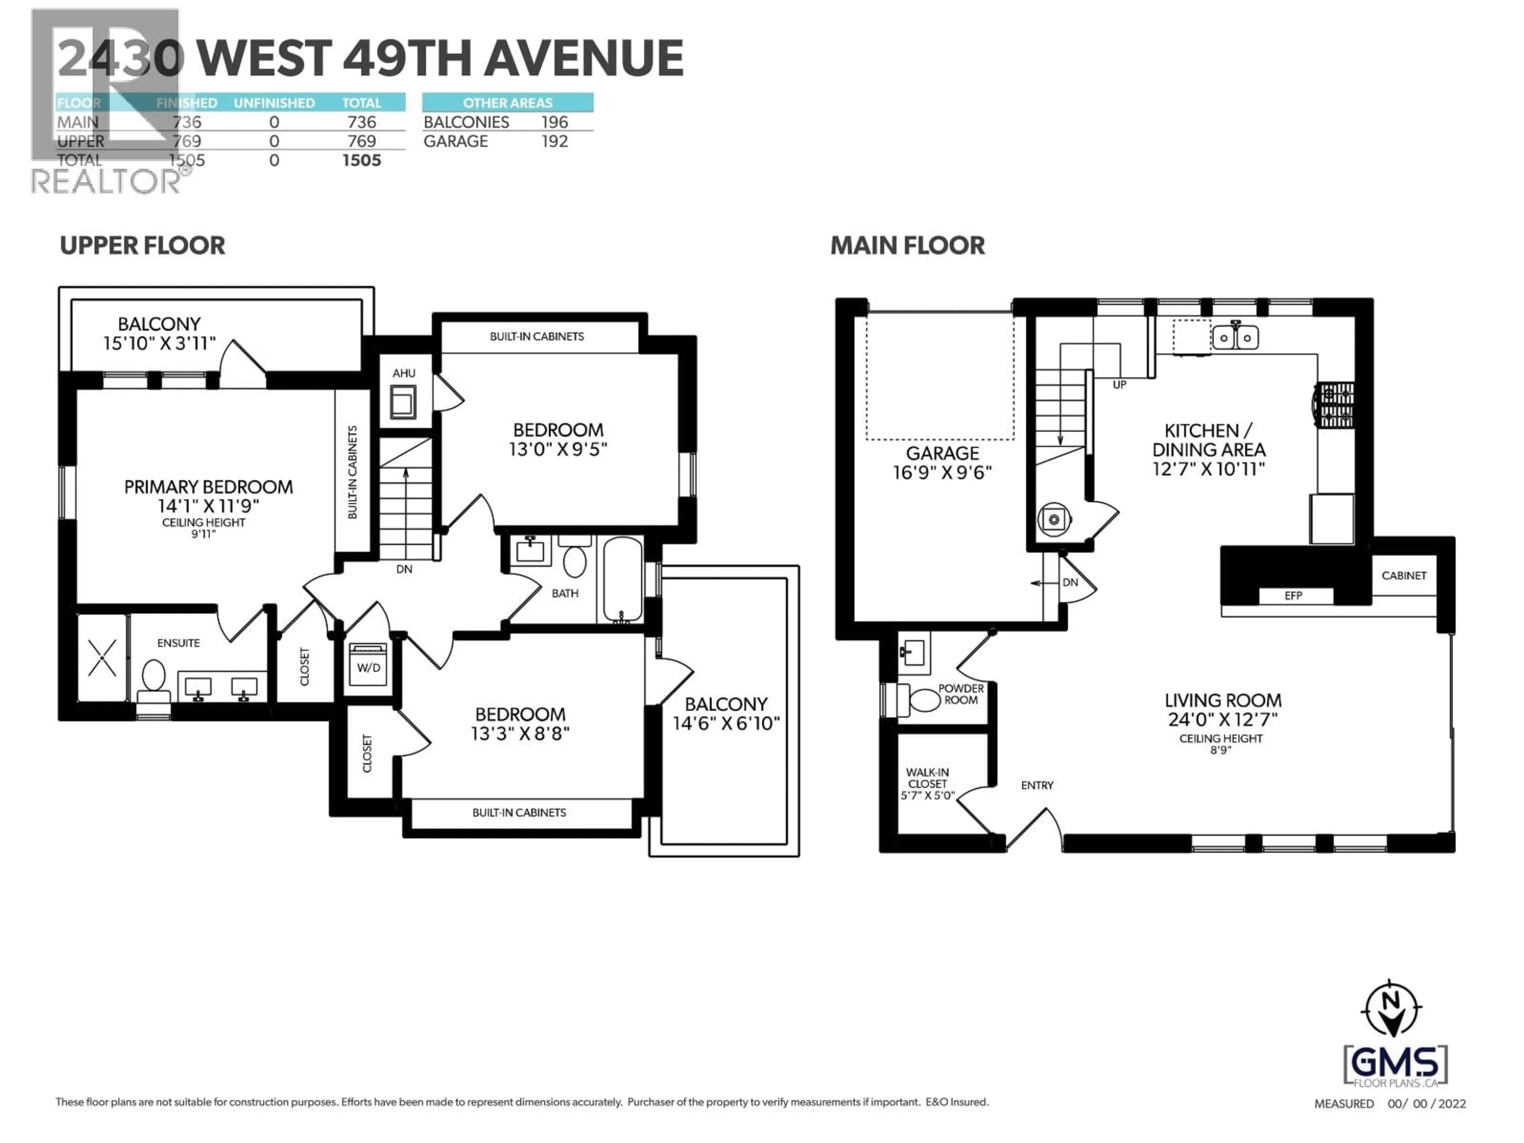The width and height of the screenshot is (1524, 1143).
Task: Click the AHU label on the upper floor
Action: tap(404, 373)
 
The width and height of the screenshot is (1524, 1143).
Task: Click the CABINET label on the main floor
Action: tap(1403, 575)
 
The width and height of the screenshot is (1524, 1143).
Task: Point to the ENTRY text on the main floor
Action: tap(1037, 785)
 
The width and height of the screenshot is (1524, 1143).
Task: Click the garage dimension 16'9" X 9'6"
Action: tap(942, 473)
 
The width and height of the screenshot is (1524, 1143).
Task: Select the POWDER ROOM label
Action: tap(961, 695)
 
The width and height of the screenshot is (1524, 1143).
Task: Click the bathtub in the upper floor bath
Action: tap(623, 580)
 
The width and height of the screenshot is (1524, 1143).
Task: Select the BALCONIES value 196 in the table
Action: tap(554, 122)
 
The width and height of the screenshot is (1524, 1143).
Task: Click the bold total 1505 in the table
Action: tap(362, 160)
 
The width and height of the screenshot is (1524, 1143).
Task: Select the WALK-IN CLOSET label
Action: tap(927, 783)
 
